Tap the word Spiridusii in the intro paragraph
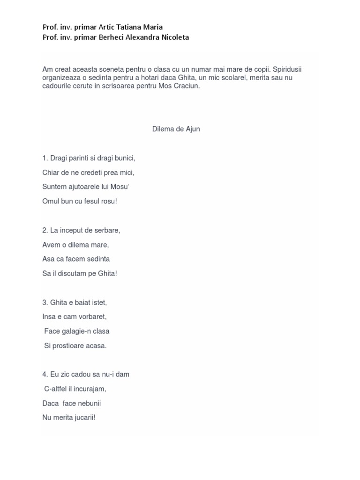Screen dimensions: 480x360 coord(292,69)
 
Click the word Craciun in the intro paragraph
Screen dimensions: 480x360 coord(187,86)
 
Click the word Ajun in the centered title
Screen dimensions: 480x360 coord(191,129)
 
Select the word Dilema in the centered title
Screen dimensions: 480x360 coord(163,129)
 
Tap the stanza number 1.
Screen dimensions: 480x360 coord(45,158)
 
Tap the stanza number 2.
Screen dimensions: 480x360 coord(45,230)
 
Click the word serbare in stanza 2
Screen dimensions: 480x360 coord(107,230)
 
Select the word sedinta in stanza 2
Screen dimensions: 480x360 coord(97,259)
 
